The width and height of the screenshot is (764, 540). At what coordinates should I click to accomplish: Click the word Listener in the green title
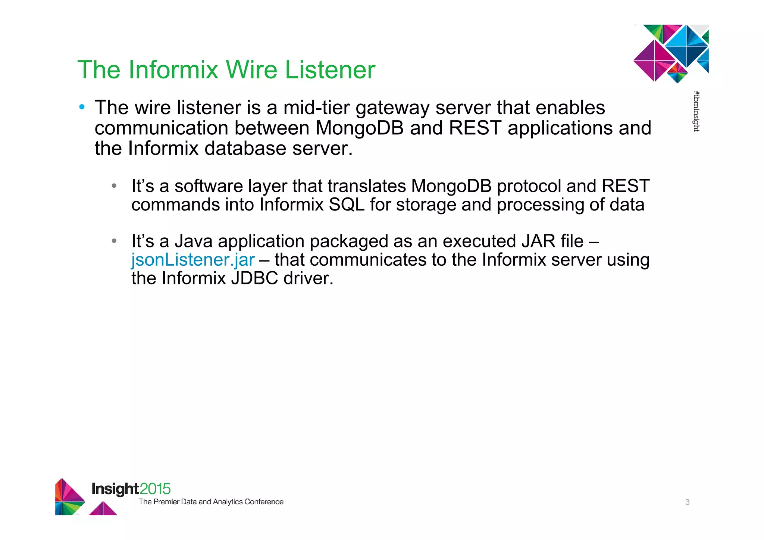click(330, 70)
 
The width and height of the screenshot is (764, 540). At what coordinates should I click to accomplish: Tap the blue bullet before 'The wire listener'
click(82, 107)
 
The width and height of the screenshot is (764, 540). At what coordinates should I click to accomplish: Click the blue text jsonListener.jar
click(193, 260)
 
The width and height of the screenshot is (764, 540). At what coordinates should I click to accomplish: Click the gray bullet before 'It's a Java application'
click(114, 241)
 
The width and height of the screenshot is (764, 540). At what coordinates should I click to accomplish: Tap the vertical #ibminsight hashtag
click(696, 111)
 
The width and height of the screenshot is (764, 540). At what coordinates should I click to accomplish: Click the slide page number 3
click(687, 502)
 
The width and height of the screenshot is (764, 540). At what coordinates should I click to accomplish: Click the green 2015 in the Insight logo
click(155, 489)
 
